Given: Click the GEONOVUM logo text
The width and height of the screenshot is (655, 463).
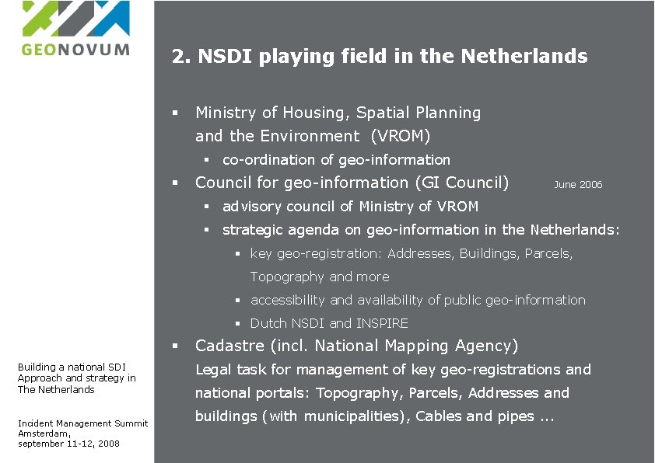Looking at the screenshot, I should coord(75,49).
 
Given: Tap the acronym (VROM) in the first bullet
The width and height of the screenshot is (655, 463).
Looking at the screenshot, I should coord(401,136).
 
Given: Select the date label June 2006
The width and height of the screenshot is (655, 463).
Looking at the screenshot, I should coord(578,185).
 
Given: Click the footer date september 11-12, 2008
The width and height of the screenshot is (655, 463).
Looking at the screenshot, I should coord(68,444).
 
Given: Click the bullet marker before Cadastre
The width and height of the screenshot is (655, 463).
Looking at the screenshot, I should coord(176,346).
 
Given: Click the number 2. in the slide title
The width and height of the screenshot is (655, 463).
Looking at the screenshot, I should coord(181,57).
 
